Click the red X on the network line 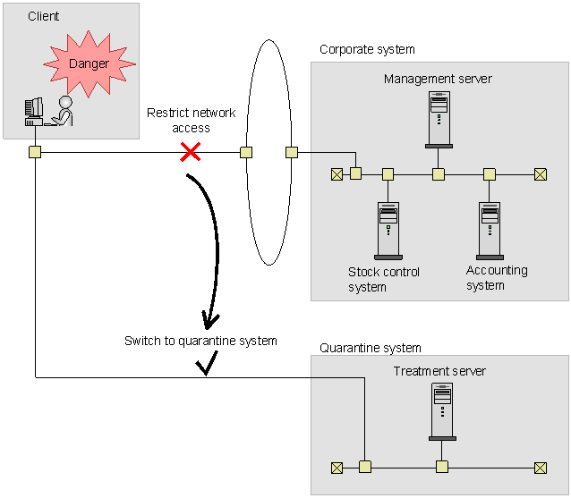190,152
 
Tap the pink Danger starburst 89,64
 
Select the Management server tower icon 439,120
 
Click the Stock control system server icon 388,231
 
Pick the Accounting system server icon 490,231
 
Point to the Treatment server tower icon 442,411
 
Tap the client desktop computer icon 34,112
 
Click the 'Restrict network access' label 192,121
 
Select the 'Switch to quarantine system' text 200,341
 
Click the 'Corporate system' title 367,49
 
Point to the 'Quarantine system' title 371,348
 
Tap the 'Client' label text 43,16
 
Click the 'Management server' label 438,79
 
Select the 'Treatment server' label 439,371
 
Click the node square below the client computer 35,152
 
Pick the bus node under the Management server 438,174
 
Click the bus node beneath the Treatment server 442,467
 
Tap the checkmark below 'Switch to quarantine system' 207,363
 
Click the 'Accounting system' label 497,278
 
